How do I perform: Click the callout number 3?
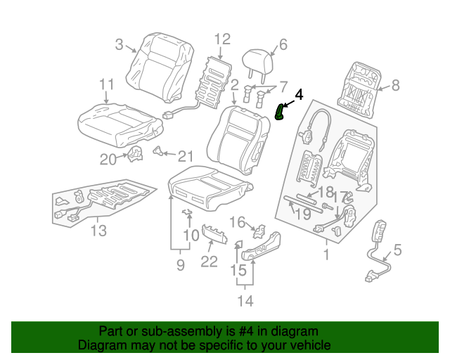120,46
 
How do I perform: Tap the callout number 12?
222,39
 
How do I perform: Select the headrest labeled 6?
256,63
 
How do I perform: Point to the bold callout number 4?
299,94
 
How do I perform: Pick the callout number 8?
395,86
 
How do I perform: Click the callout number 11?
106,85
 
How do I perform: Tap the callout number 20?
108,160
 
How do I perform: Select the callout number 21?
185,156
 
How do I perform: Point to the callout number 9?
180,265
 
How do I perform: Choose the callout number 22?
209,262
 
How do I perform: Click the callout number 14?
245,302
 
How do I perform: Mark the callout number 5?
397,250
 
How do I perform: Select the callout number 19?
302,214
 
